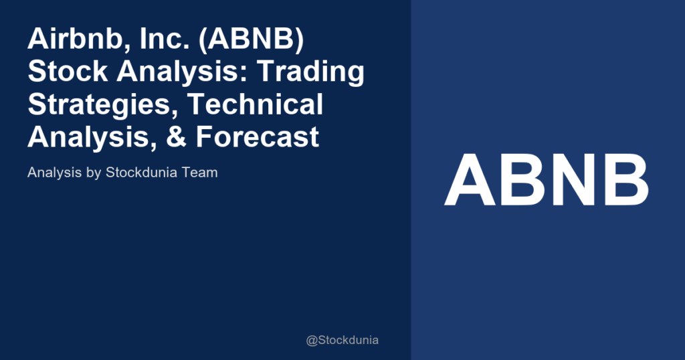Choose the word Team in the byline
tap(200, 172)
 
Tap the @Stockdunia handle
tap(342, 340)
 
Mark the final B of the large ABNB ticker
tap(625, 180)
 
